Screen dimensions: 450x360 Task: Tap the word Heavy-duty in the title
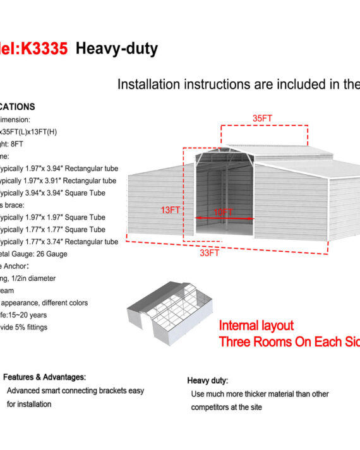point(117,49)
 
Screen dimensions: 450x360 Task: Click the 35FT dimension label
point(263,118)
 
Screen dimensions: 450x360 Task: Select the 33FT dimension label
point(210,253)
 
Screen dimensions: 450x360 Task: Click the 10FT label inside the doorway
point(223,212)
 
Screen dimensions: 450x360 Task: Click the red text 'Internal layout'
point(256,326)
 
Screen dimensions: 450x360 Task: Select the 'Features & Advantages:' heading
point(44,377)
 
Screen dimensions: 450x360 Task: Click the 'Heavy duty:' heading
point(208,381)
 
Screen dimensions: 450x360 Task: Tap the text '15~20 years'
point(30,315)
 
